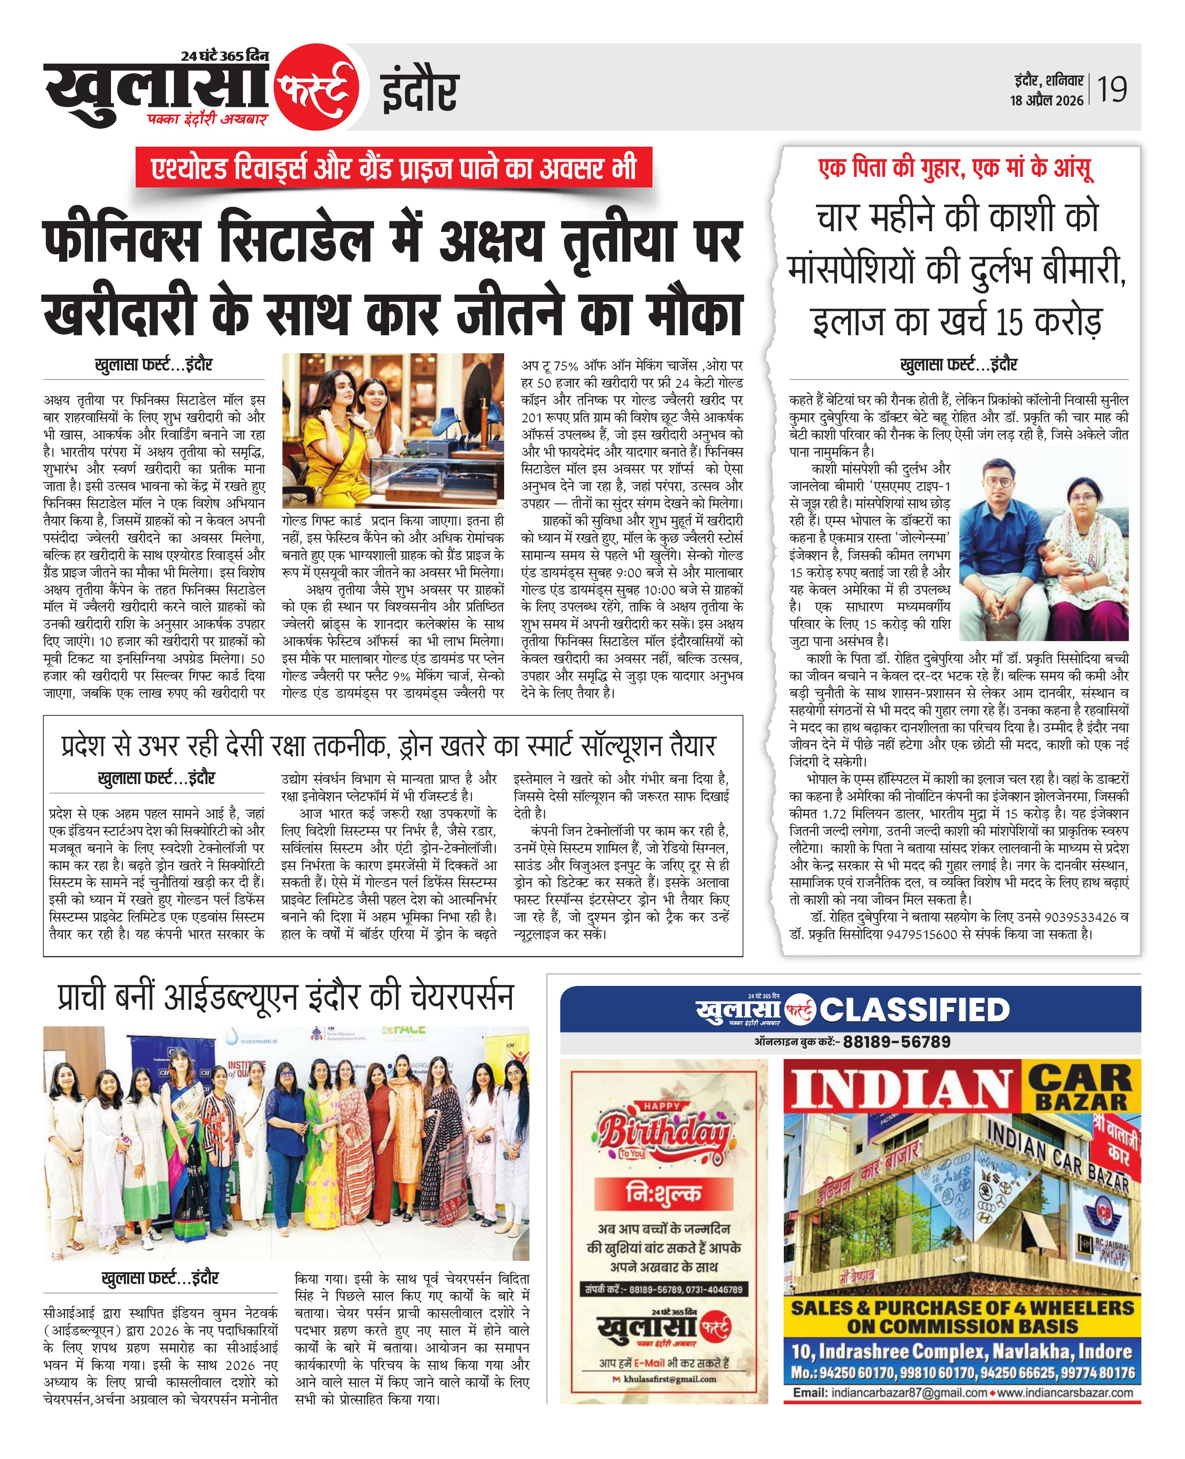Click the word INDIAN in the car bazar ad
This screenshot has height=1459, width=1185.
901,1090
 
